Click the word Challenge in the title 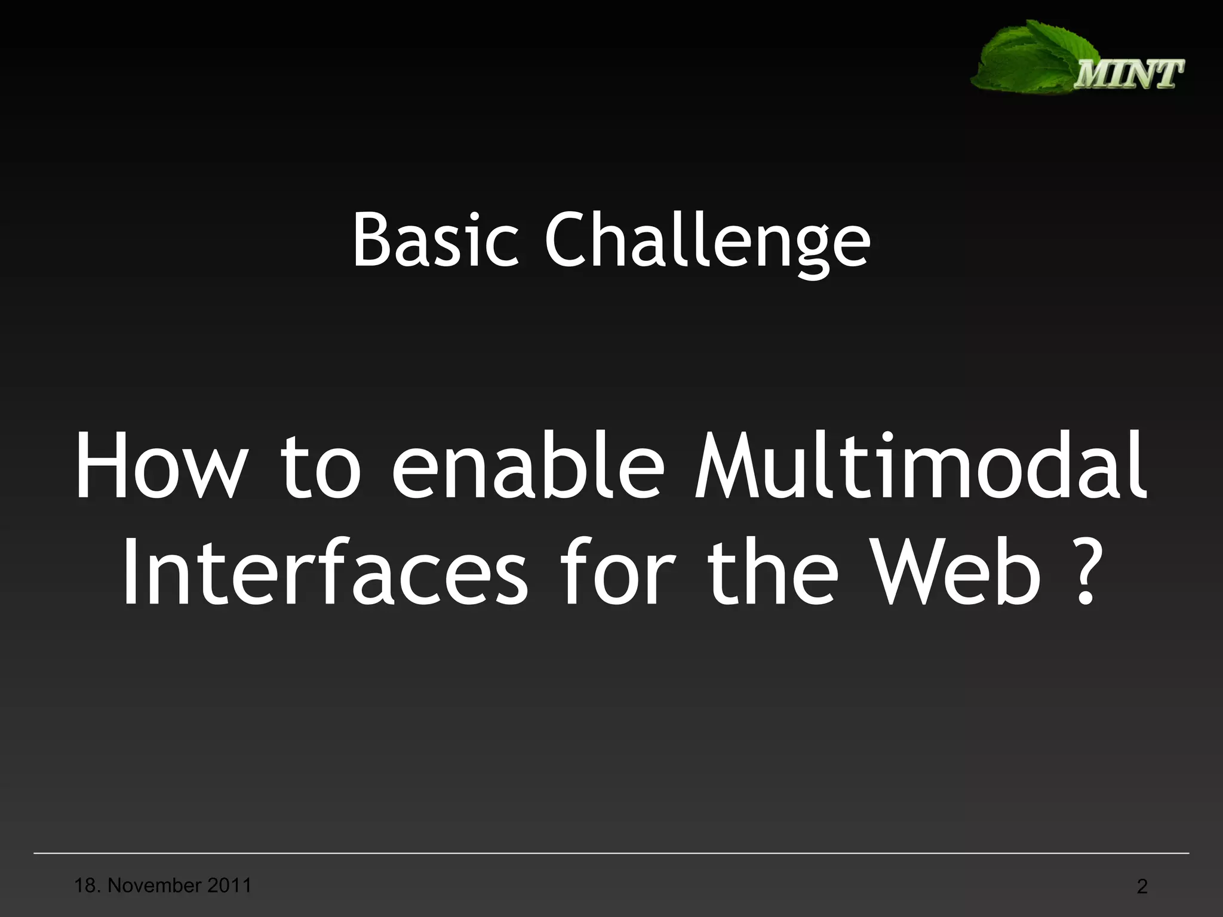707,242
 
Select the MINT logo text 1129,75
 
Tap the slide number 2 1142,887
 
